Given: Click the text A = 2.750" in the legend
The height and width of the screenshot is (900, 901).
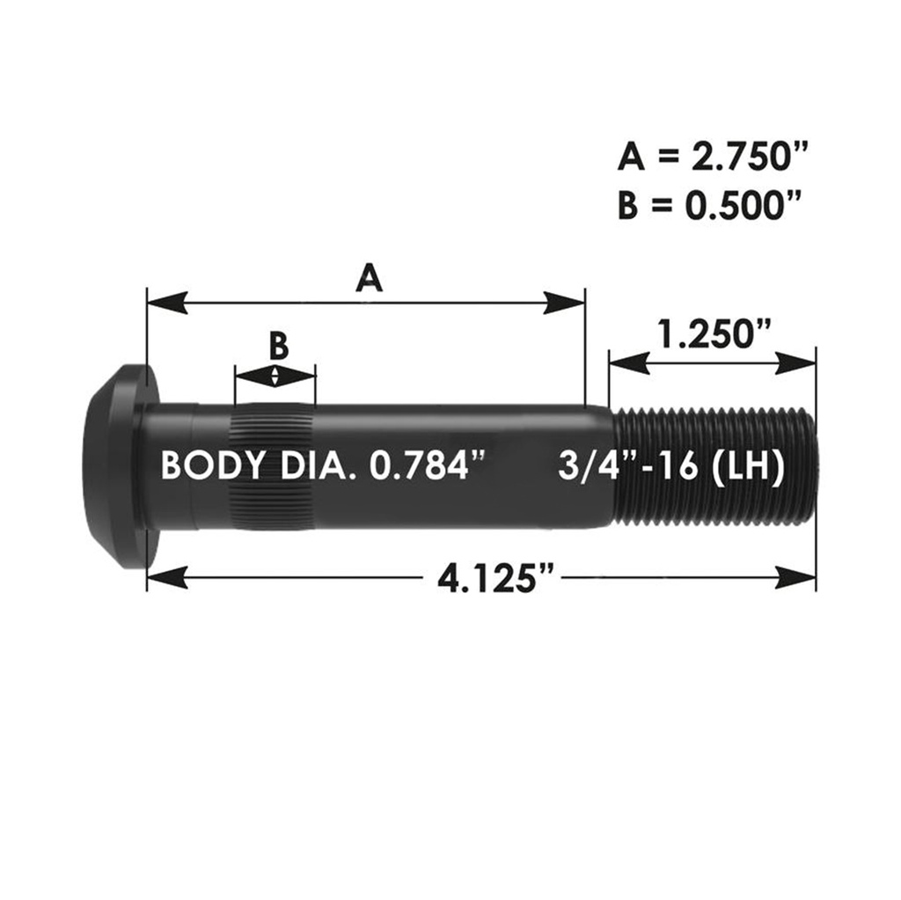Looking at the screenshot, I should click(x=712, y=158).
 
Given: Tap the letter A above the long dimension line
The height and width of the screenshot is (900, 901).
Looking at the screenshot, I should click(x=370, y=278).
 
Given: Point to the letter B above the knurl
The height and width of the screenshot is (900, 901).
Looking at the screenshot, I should click(x=278, y=346).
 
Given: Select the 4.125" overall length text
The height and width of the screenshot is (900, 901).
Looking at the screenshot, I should click(x=498, y=578).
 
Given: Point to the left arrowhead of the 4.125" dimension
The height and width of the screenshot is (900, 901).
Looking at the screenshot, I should click(x=167, y=577).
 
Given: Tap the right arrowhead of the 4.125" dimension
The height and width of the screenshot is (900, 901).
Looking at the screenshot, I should click(x=795, y=577).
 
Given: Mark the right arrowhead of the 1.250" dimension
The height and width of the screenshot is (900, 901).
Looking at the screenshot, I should click(x=796, y=361).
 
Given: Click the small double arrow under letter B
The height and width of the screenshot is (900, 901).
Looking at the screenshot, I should click(x=276, y=377).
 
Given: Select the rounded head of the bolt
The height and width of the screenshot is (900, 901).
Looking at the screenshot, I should click(x=114, y=466).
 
